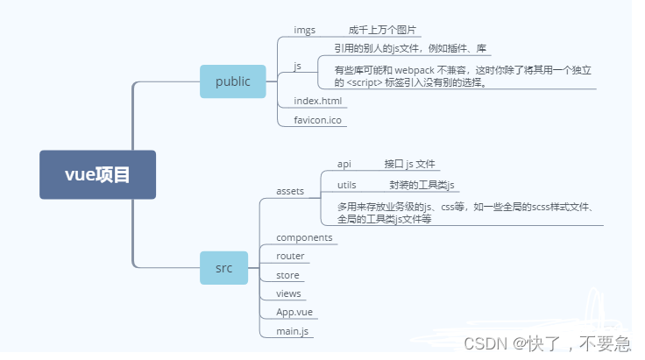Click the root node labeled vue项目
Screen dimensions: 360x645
[x=97, y=174]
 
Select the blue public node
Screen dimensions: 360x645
[x=232, y=81]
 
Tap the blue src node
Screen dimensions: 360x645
[x=224, y=268]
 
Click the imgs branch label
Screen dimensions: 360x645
[x=304, y=30]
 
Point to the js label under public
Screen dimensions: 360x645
[x=298, y=67]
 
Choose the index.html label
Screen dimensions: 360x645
[x=317, y=101]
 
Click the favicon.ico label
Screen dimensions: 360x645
[x=317, y=119]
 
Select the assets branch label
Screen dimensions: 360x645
[x=290, y=191]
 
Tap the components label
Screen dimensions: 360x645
[x=304, y=237]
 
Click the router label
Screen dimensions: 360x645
[x=290, y=256]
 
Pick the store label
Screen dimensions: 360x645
[x=287, y=275]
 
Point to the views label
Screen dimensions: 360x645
[x=288, y=293]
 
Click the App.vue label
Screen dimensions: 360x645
[x=294, y=312]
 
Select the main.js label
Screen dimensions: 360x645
[x=292, y=330]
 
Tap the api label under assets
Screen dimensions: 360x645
[x=344, y=164]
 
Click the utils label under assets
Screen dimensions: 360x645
[x=347, y=184]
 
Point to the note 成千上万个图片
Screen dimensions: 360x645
[x=382, y=30]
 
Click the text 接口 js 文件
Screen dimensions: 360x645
[x=409, y=164]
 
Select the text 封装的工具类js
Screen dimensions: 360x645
[x=422, y=184]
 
